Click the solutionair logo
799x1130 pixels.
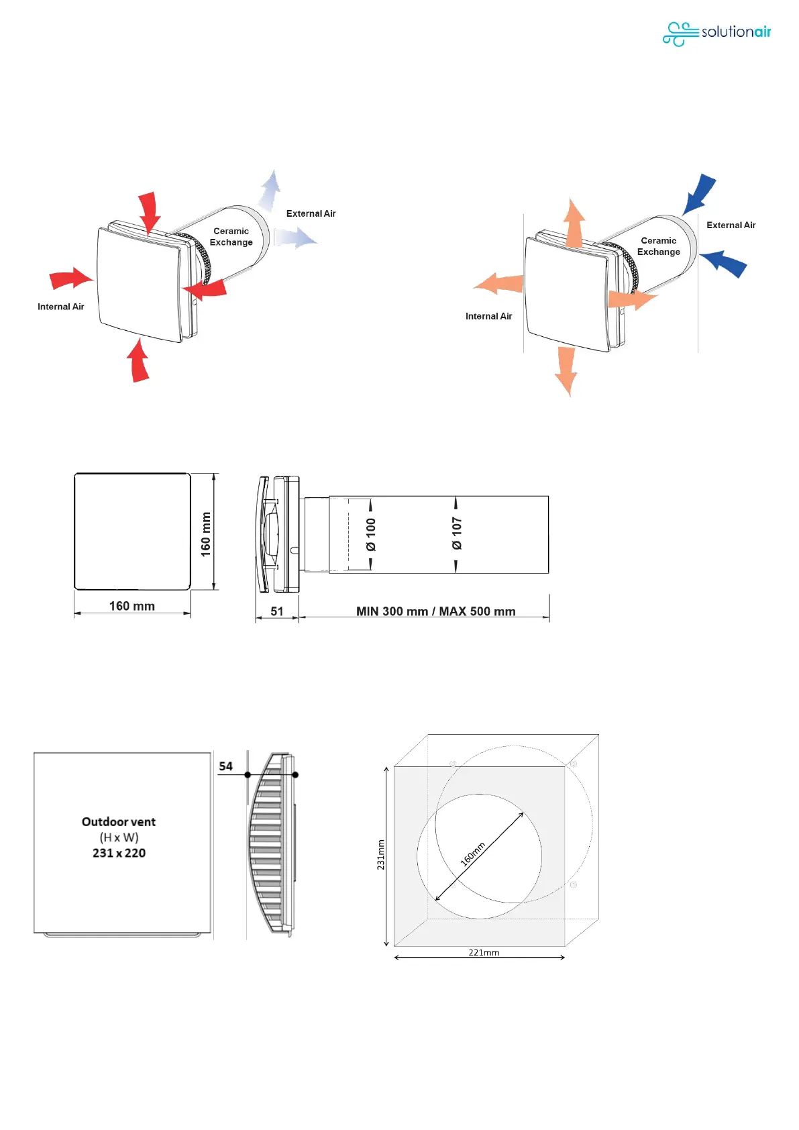point(716,33)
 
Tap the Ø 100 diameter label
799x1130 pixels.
point(371,534)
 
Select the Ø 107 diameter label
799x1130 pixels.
point(457,533)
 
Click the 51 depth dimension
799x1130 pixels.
point(277,611)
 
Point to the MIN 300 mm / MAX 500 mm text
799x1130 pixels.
point(435,611)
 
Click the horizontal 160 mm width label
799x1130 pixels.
point(132,606)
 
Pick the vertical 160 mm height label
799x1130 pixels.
point(206,534)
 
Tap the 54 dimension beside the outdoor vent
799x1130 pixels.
point(226,766)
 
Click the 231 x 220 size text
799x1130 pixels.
point(119,853)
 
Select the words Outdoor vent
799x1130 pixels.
point(119,822)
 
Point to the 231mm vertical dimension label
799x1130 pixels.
point(381,855)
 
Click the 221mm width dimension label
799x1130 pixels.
point(484,952)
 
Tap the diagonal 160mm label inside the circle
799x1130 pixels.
point(473,854)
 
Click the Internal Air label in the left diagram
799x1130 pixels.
point(61,307)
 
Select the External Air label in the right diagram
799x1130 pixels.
point(731,225)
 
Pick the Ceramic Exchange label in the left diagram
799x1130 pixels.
point(231,237)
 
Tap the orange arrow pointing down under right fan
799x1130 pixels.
point(566,370)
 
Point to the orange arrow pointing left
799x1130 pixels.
point(499,284)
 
